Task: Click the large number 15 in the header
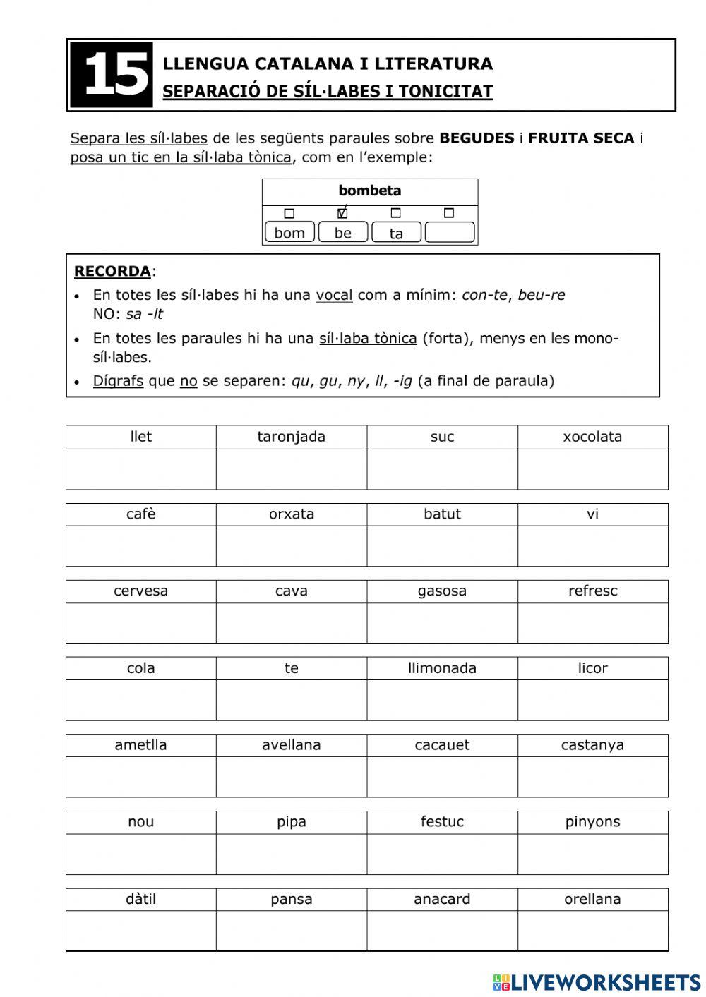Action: coord(112,75)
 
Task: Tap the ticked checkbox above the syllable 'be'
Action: coord(342,213)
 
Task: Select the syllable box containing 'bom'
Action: coord(289,233)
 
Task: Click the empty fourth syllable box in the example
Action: coord(450,232)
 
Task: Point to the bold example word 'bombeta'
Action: coord(369,191)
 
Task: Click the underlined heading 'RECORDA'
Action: coord(112,271)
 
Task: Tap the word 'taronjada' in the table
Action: coord(291,437)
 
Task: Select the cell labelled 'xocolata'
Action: coord(592,437)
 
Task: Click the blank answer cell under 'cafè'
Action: coord(141,545)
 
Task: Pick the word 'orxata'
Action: coord(291,514)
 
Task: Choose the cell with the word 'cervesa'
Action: coord(141,591)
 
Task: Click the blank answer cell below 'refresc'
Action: coord(592,623)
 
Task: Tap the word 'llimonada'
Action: coord(442,668)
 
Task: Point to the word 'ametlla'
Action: coord(141,745)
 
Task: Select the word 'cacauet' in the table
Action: coord(442,745)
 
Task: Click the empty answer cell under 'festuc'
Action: coord(442,854)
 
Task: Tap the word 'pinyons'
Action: coord(592,822)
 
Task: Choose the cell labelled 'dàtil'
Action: coord(141,899)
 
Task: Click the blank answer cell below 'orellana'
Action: coord(592,931)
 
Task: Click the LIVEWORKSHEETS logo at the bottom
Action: coord(596,982)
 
